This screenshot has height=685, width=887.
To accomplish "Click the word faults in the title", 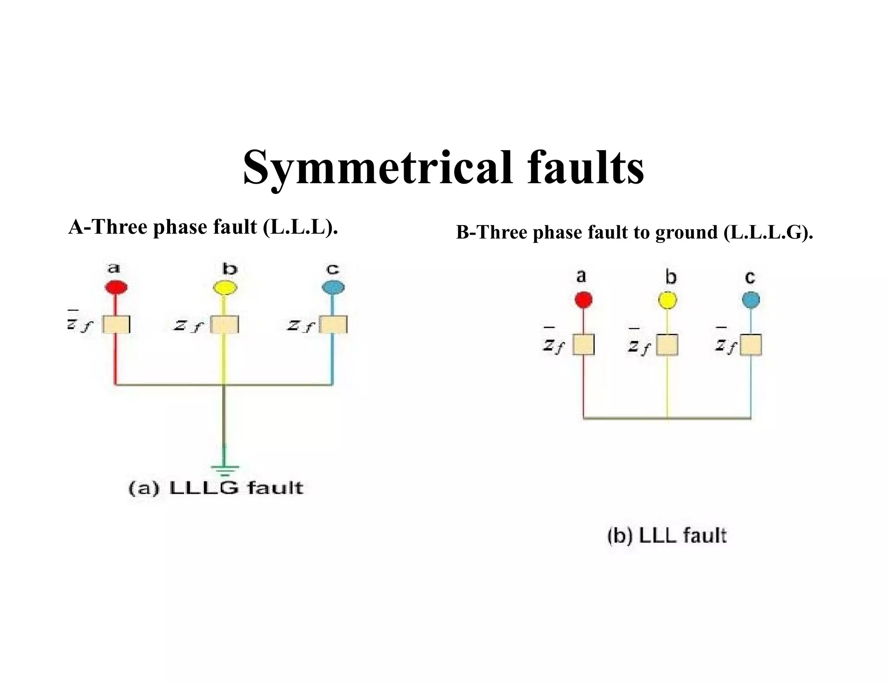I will coord(586,168).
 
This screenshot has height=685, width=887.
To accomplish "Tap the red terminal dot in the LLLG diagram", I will coord(116,287).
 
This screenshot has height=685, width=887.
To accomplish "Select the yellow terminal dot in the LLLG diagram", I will coord(225,288).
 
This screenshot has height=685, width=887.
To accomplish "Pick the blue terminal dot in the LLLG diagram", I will coord(333,288).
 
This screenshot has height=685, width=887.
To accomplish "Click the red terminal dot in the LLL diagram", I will coord(583,300).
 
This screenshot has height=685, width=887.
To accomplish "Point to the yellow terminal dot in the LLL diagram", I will coord(667,300).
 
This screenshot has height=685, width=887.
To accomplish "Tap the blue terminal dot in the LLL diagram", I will coord(751,300).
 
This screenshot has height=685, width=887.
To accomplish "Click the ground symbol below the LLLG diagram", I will coord(224,469).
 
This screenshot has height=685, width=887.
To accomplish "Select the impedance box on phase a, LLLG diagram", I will coord(116,324).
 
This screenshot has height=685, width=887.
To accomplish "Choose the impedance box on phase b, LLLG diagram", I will coord(224,324).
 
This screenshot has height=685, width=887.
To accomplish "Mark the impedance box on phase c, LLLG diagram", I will coord(333,324).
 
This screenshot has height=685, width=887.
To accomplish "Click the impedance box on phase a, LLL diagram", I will coord(583,345).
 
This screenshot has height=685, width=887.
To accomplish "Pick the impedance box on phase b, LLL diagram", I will coord(667,345).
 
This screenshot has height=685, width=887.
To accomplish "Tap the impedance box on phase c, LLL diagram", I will coord(751,345).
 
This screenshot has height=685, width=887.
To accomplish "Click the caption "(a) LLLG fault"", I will coord(216,488).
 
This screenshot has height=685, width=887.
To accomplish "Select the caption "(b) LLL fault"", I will coord(667,536).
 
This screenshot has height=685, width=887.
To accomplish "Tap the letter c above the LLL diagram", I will coord(750,277).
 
